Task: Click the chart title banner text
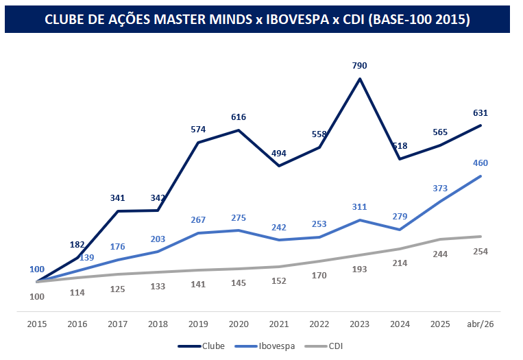click(257, 19)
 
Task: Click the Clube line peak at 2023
click(360, 79)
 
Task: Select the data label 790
click(360, 66)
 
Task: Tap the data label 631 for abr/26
click(481, 112)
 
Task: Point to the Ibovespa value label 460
click(481, 163)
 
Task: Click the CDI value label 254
click(481, 252)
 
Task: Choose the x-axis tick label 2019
click(198, 324)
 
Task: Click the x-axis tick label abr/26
click(481, 324)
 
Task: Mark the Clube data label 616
click(239, 117)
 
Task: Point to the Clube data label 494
click(279, 153)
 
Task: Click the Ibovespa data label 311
click(360, 206)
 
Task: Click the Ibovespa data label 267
click(198, 219)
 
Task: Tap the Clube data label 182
click(77, 244)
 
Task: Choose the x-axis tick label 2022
click(319, 324)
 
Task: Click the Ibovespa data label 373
click(440, 188)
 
